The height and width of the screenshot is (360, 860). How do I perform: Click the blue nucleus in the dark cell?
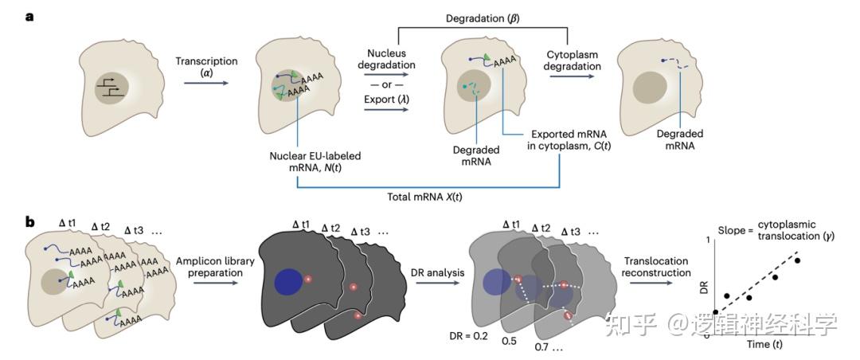click(288, 283)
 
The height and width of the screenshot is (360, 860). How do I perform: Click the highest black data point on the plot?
click(798, 260)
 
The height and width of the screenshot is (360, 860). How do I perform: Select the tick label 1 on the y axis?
click(707, 239)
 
